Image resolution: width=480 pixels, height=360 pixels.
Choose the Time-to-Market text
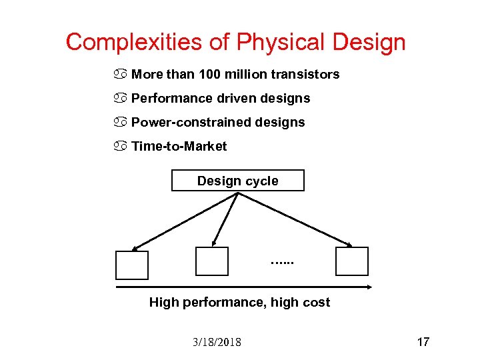pos(179,146)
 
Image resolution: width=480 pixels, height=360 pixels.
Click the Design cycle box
pos(238,181)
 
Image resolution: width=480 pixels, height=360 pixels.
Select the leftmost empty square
pos(132,265)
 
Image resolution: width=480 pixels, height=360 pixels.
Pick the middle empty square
pos(212,261)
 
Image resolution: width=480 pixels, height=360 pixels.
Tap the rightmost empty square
pos(352,261)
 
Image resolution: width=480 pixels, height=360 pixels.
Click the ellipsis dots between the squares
pos(283,263)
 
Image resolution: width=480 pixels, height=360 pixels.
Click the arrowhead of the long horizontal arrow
pos(369,287)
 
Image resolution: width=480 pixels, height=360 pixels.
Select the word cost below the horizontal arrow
pos(316,302)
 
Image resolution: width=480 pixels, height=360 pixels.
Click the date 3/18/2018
pos(217,342)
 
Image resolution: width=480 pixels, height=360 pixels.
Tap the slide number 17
pos(423,342)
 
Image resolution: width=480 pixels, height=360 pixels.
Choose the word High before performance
pos(163,302)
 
